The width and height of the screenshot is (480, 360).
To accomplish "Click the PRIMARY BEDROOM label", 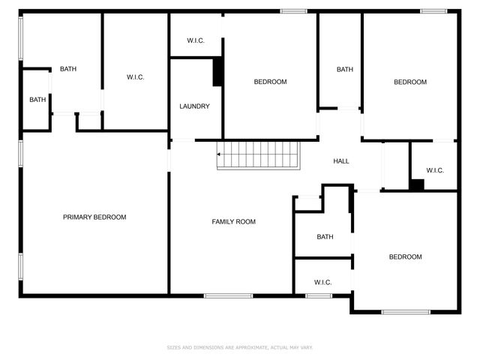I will (x=94, y=217).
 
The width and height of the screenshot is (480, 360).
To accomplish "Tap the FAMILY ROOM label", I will (x=233, y=222).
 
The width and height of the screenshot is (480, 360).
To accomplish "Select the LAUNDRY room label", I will (x=194, y=106).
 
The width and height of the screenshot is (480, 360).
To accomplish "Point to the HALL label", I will (x=341, y=161).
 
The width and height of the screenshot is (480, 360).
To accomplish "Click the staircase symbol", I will (x=258, y=155).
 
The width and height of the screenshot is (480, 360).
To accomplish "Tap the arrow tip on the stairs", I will (x=218, y=154).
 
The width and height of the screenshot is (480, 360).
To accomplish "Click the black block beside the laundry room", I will (x=217, y=72).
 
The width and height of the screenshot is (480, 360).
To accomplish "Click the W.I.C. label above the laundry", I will (x=195, y=40).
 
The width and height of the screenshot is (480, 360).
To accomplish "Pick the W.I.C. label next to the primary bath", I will (x=135, y=77).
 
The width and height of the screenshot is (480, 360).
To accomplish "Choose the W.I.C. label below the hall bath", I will (x=322, y=282).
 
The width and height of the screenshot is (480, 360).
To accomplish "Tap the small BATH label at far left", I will (x=37, y=100).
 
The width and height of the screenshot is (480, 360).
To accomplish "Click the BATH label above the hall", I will (x=344, y=70).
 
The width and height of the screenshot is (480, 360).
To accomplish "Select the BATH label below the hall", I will (x=325, y=237).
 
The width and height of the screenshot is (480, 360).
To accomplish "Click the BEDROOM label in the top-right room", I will (x=410, y=82).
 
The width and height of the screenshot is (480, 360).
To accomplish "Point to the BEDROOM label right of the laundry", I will (x=270, y=82).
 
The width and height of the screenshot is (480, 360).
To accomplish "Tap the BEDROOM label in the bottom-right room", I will (x=405, y=257).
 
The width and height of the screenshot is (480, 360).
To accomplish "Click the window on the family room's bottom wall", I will (x=228, y=295).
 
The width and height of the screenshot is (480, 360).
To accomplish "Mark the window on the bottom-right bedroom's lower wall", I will (x=405, y=311).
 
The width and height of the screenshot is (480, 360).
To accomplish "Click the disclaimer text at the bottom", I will (x=239, y=348).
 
